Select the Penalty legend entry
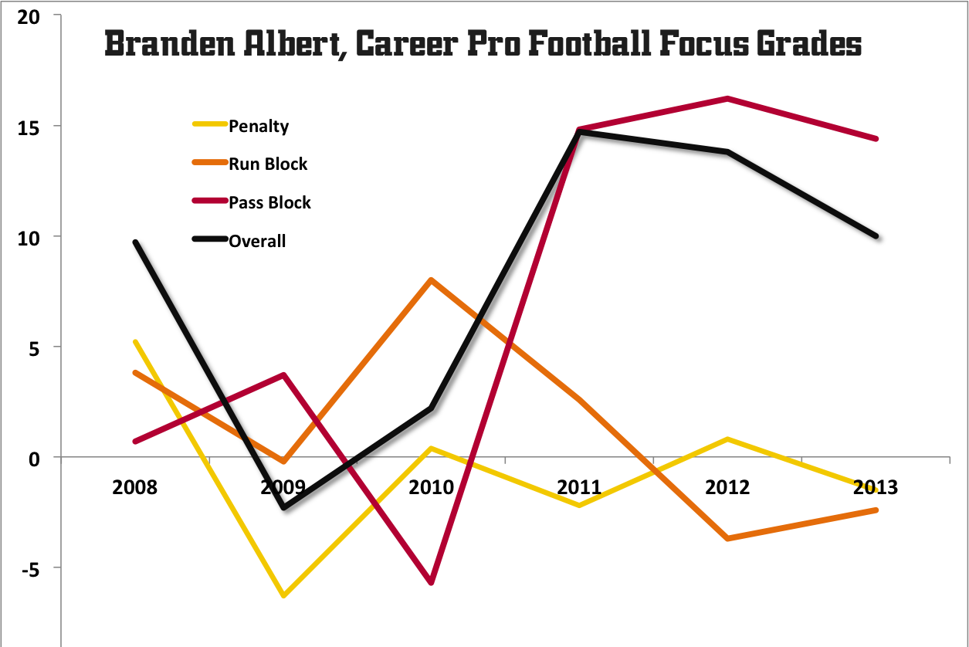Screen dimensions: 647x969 [x=258, y=126]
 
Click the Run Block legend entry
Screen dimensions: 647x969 [x=267, y=164]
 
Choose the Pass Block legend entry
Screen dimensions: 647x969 [x=269, y=202]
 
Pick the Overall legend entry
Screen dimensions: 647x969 [x=257, y=241]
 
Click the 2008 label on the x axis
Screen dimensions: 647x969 [x=134, y=487]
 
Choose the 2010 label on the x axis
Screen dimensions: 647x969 [x=431, y=487]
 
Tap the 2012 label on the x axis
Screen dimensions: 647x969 [x=727, y=487]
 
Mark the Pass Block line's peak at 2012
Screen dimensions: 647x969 [x=727, y=98]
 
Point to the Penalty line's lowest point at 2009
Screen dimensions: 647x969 [x=283, y=595]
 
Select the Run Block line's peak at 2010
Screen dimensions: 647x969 [x=431, y=279]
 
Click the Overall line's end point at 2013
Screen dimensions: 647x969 [x=876, y=235]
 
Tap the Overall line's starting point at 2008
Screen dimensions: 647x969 [x=135, y=242]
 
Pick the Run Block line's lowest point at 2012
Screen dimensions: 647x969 [x=727, y=538]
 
